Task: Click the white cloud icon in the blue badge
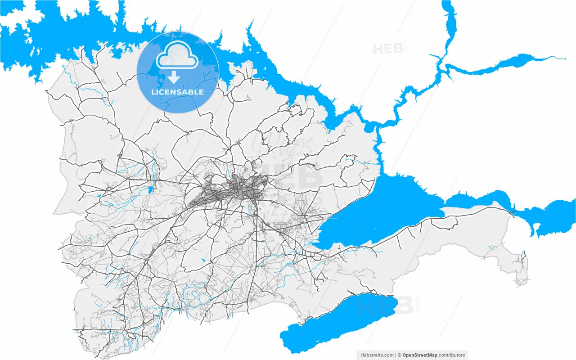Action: click(x=177, y=55)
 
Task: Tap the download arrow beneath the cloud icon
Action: click(x=173, y=77)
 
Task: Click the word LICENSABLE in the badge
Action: click(x=177, y=92)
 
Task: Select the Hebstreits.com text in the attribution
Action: click(x=377, y=355)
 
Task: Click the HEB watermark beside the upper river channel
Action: click(x=387, y=49)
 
